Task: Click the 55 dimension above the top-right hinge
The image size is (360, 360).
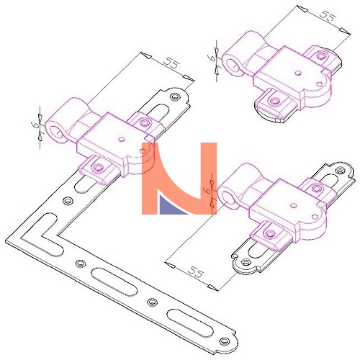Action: [x=328, y=17]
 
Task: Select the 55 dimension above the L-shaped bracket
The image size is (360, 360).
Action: [x=171, y=63]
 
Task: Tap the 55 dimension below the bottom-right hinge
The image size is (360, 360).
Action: [x=196, y=272]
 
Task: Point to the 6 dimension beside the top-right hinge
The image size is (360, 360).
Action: [x=211, y=58]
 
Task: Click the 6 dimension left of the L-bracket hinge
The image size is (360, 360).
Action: [x=35, y=125]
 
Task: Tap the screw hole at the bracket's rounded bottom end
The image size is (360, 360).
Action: [x=225, y=341]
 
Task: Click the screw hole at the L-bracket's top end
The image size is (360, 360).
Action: [x=174, y=96]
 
